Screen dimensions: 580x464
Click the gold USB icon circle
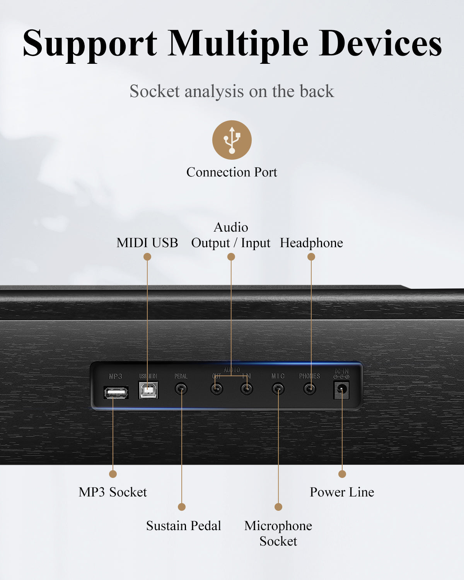tap(232, 140)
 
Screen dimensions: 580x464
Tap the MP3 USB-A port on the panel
tap(116, 393)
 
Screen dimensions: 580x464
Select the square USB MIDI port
tap(148, 391)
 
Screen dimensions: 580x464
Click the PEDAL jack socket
tap(181, 389)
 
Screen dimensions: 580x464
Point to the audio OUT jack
tap(217, 389)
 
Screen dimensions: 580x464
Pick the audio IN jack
tap(247, 389)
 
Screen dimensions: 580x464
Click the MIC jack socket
tap(278, 389)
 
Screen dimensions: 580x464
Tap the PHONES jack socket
tap(309, 389)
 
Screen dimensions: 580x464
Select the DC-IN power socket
tap(341, 390)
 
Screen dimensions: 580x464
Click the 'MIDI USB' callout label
tap(147, 243)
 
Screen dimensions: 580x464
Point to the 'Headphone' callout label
tap(311, 243)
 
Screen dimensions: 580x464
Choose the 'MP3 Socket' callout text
tap(113, 492)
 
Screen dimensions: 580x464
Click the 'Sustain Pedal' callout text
tap(183, 525)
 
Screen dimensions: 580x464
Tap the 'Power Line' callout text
tap(342, 492)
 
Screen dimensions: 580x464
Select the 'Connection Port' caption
tap(232, 172)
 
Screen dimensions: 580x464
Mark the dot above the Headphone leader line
tap(311, 257)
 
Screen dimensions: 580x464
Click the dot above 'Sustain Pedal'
tap(182, 507)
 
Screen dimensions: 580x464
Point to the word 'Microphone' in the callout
tap(278, 525)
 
